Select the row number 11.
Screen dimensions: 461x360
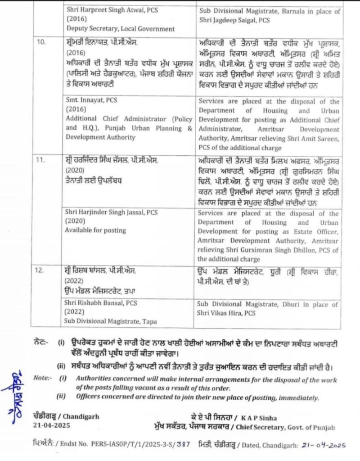pos(41,160)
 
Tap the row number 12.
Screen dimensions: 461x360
pos(41,271)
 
